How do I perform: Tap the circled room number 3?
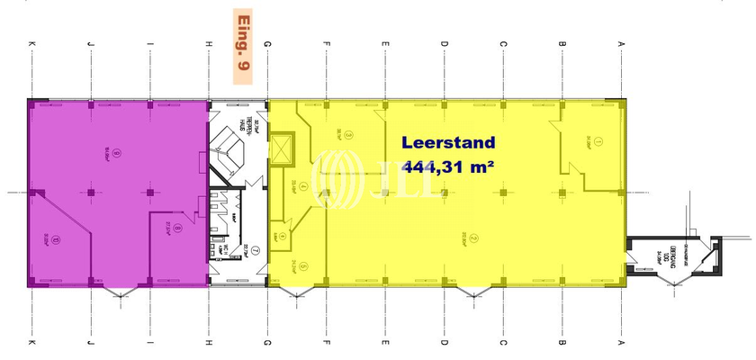(x=349, y=136)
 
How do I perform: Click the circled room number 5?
(x=305, y=266)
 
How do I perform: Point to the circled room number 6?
(x=283, y=236)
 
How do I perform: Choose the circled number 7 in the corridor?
(x=255, y=250)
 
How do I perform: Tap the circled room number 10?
(x=56, y=239)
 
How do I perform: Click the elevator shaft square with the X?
(x=283, y=149)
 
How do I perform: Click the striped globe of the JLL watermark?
(x=334, y=178)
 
